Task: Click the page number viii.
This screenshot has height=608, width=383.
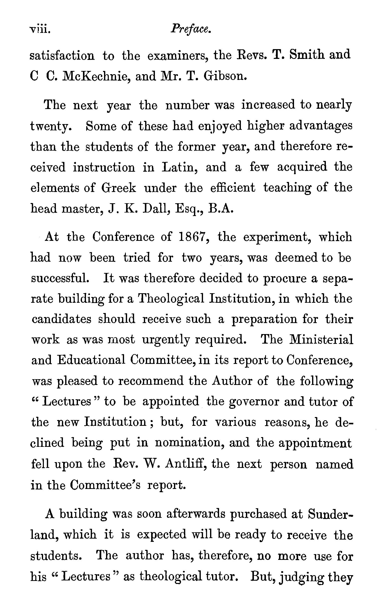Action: (x=40, y=30)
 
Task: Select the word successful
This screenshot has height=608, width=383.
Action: (x=60, y=278)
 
